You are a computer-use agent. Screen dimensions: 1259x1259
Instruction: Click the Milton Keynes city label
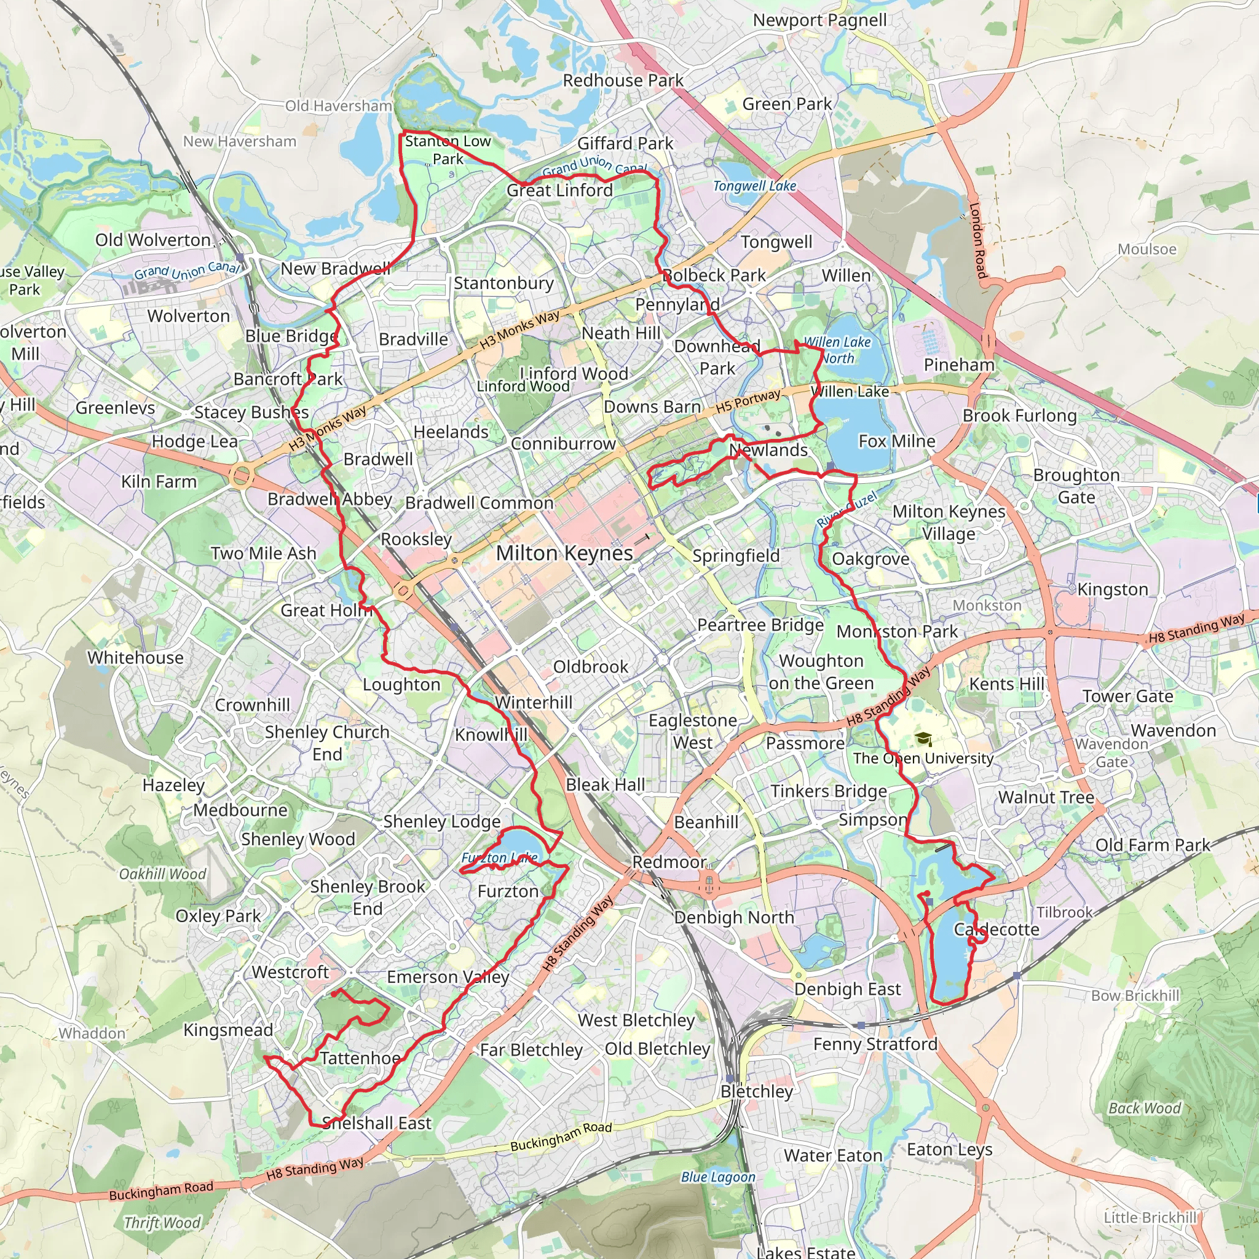564,553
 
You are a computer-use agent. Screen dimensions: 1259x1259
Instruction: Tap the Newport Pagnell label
820,20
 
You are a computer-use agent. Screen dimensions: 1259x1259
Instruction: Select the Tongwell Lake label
755,186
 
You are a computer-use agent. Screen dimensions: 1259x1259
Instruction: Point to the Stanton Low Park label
448,150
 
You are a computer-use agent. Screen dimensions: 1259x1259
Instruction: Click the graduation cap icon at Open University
923,739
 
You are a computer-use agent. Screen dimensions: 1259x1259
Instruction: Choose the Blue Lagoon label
718,1177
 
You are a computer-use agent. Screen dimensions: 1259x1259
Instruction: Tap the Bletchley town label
757,1091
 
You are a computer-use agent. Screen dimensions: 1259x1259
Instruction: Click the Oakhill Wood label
162,874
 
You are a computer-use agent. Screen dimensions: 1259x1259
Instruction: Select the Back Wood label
1144,1108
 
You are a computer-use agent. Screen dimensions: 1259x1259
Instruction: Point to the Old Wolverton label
153,240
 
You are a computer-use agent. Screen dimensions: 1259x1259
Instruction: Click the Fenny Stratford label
875,1044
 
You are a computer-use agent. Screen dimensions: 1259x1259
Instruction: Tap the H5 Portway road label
748,401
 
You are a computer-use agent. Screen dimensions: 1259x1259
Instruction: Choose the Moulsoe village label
1147,249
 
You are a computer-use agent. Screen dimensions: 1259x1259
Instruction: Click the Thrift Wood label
162,1223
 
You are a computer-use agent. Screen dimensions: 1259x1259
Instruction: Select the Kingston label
1112,589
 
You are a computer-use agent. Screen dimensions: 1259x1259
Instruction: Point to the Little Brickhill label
1150,1217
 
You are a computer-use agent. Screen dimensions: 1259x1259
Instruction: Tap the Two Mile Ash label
263,553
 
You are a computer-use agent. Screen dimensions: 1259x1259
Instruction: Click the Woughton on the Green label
821,672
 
